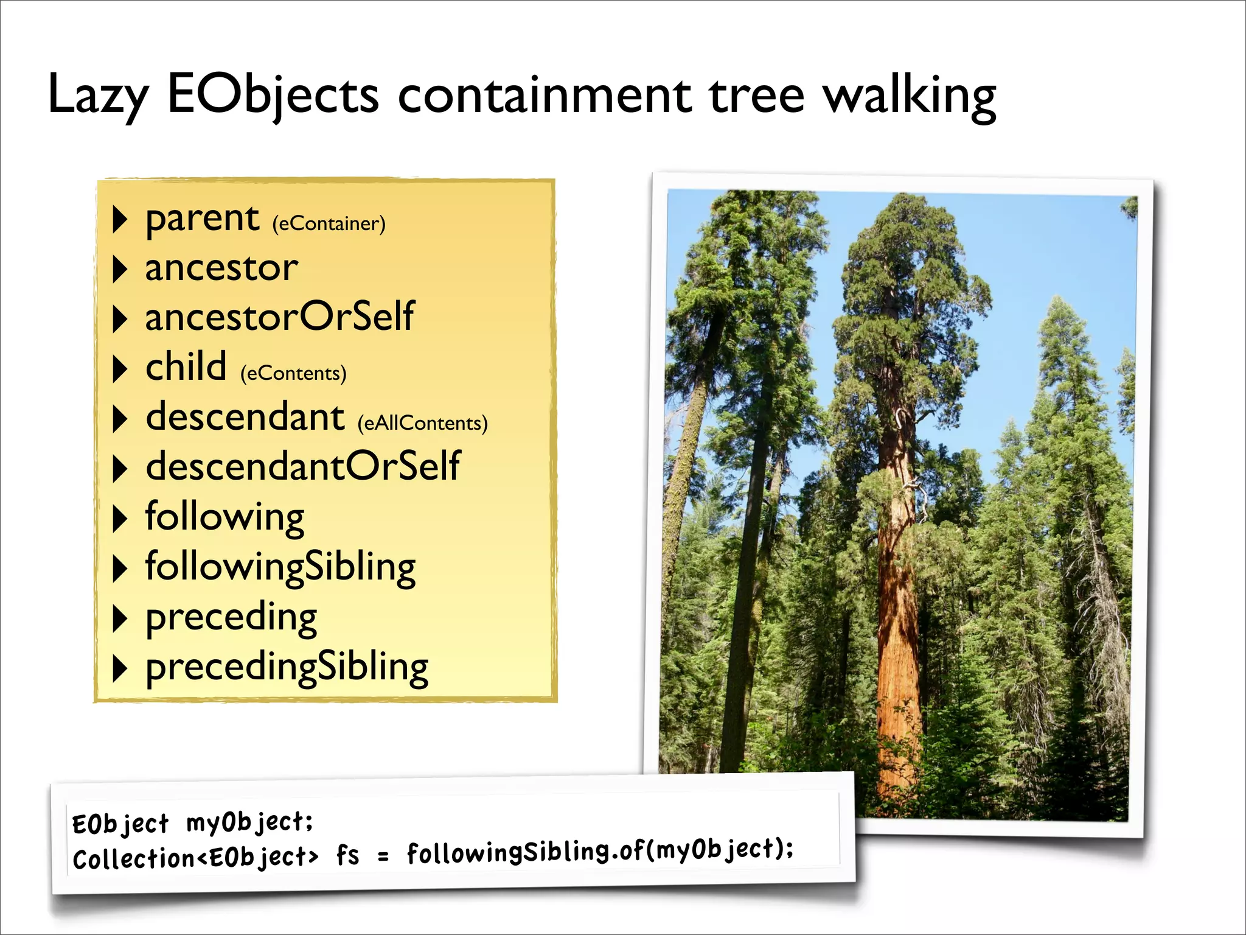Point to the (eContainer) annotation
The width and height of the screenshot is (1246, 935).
(x=329, y=224)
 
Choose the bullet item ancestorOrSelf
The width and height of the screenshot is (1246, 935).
(x=279, y=317)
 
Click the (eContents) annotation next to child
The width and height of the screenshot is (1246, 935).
(x=293, y=373)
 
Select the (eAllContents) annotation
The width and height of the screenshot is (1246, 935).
(x=422, y=423)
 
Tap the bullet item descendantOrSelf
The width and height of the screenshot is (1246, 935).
(x=302, y=466)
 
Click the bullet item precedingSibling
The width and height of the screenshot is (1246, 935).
(x=287, y=667)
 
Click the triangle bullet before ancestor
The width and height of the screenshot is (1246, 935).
(x=120, y=269)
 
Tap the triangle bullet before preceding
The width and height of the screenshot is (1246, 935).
(x=120, y=619)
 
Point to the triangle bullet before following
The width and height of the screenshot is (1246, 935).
(x=120, y=519)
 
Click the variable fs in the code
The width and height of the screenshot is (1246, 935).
(x=347, y=855)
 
